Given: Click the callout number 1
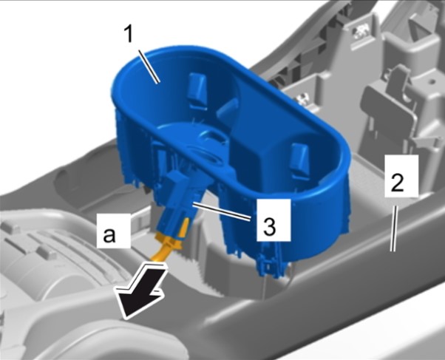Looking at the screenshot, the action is point(129,35).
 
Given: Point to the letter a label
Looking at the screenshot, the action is point(109,234).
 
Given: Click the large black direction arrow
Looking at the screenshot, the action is point(141,291).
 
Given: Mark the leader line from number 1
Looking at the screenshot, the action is point(149,66).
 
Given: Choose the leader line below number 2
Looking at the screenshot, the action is point(394,228).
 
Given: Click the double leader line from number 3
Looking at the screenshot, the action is point(221,211).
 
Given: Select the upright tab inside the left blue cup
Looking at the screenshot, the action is point(197,89).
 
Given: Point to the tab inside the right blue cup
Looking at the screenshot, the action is point(300,158).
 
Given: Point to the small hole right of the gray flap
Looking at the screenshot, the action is point(432,81).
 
